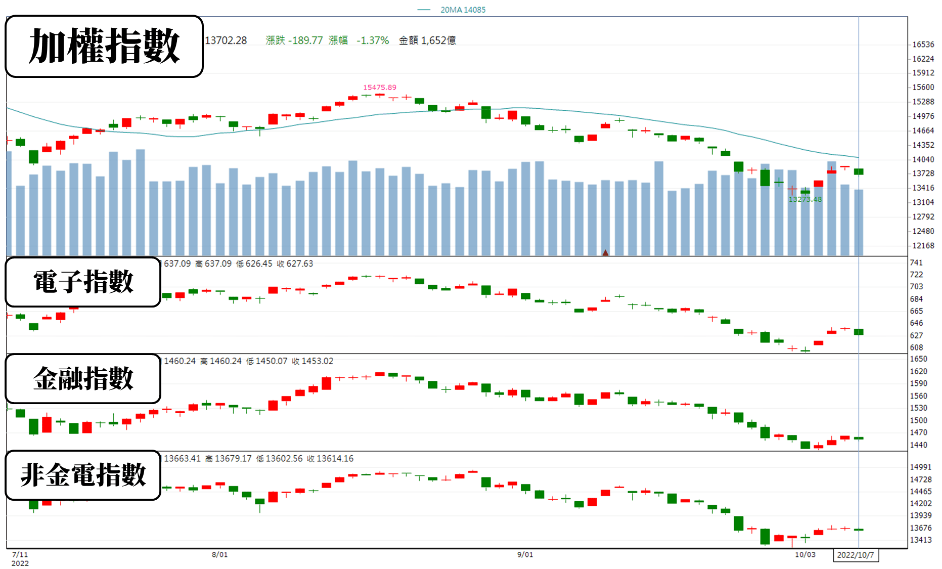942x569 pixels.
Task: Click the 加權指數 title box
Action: click(x=104, y=46)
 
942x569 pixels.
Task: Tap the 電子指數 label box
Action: click(x=83, y=282)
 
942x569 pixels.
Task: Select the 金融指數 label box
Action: click(x=83, y=378)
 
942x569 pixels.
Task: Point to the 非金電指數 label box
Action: click(x=83, y=475)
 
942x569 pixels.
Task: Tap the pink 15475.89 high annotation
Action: click(x=379, y=87)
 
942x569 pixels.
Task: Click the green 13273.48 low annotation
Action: click(x=805, y=199)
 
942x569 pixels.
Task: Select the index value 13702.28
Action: click(x=226, y=40)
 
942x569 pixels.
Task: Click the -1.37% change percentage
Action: click(x=373, y=40)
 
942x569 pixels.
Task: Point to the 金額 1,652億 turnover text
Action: click(x=427, y=40)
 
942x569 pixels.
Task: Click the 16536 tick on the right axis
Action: click(x=923, y=45)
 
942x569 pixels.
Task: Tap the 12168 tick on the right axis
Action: click(x=923, y=245)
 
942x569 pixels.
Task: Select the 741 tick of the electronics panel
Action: click(x=916, y=262)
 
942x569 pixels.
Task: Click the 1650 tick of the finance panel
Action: click(x=918, y=359)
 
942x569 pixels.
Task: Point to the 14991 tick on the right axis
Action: click(x=920, y=467)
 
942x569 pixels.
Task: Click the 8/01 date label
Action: click(x=219, y=554)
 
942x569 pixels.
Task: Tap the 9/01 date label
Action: click(x=525, y=554)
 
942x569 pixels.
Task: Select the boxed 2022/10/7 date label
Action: click(x=856, y=555)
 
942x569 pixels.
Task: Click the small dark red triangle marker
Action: click(x=605, y=252)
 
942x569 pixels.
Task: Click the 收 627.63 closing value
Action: click(x=295, y=264)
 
